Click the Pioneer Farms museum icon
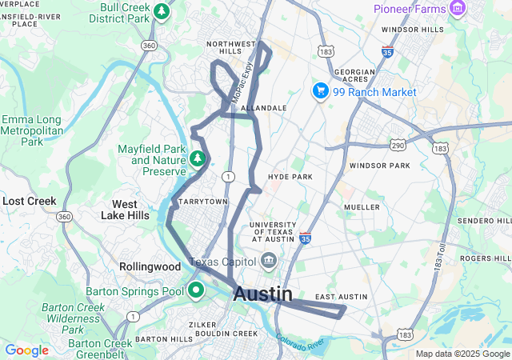pos(458,9)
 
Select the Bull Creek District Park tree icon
pos(162,11)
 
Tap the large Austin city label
pos(262,294)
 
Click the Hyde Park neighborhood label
pos(290,177)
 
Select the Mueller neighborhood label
pos(361,207)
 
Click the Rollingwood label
pos(150,266)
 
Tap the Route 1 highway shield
pos(230,176)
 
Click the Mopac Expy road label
pos(242,82)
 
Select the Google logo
pos(26,350)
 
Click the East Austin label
pos(340,298)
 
